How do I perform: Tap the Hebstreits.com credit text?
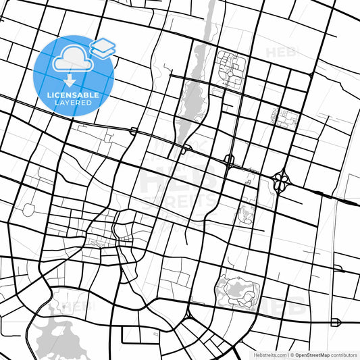point(269,355)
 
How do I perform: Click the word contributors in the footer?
point(343,355)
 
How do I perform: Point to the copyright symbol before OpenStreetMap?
point(292,355)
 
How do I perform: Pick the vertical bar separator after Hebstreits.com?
point(288,355)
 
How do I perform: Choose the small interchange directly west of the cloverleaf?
point(229,161)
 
